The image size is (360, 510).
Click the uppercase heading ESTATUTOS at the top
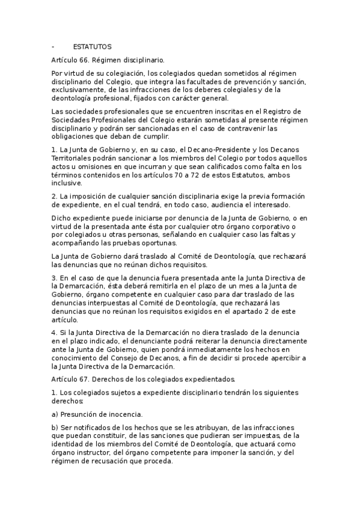pos(92,47)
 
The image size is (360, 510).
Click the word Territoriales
pos(73,158)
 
